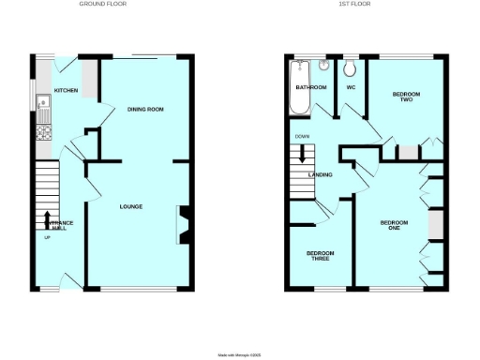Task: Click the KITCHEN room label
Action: tap(66, 90)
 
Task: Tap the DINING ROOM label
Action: tap(145, 110)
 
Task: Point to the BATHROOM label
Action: tap(311, 87)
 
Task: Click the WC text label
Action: tap(351, 87)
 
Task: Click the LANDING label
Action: tap(321, 174)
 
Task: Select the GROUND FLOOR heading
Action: tap(103, 5)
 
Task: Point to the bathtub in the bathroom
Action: tap(300, 86)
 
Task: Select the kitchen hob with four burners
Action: tap(43, 132)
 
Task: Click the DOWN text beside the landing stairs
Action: tap(302, 138)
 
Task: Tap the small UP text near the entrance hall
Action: tap(48, 236)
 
